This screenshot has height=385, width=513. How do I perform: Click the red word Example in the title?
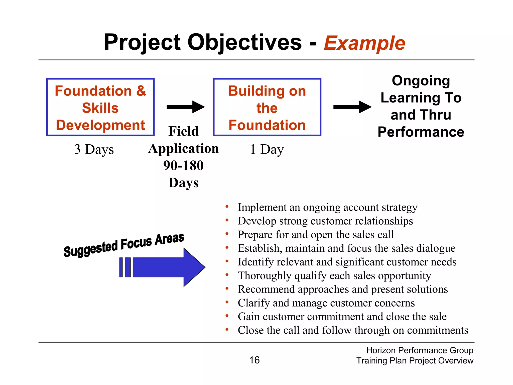pyautogui.click(x=364, y=43)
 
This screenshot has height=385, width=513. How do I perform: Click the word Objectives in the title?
pyautogui.click(x=244, y=42)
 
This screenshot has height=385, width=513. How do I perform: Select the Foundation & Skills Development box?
pyautogui.click(x=100, y=107)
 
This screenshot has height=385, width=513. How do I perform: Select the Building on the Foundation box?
pyautogui.click(x=267, y=107)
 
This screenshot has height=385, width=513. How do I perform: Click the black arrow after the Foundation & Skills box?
pyautogui.click(x=185, y=107)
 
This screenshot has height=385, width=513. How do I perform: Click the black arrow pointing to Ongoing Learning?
pyautogui.click(x=352, y=107)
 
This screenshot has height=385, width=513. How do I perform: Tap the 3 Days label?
pyautogui.click(x=94, y=149)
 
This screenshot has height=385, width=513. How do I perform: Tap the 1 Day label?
pyautogui.click(x=267, y=149)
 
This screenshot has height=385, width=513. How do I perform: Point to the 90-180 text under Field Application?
pyautogui.click(x=183, y=165)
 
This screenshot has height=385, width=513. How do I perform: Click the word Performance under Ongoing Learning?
pyautogui.click(x=421, y=132)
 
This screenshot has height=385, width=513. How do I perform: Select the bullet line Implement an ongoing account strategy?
pyautogui.click(x=327, y=207)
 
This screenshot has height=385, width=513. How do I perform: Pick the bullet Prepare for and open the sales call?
pyautogui.click(x=316, y=235)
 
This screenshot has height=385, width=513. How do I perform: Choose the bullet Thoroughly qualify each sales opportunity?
pyautogui.click(x=334, y=275)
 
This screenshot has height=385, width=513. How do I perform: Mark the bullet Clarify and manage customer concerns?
pyautogui.click(x=326, y=303)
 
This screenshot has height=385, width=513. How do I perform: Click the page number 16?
pyautogui.click(x=254, y=360)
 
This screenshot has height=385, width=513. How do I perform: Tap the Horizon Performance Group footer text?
pyautogui.click(x=420, y=350)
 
